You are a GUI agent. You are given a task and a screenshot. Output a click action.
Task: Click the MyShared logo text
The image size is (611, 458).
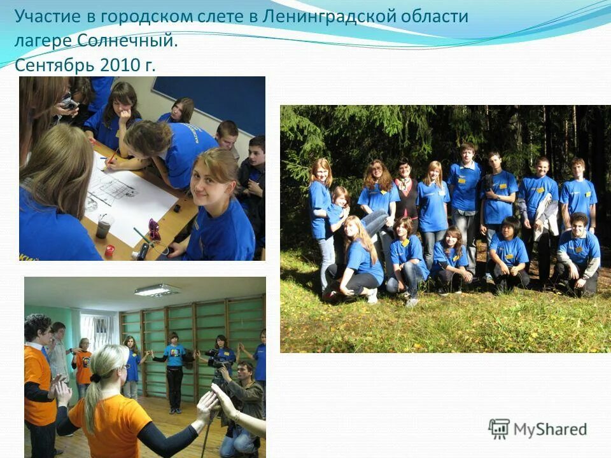click(x=550, y=429)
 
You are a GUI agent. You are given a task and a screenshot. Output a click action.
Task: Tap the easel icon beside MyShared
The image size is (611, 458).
click(x=499, y=429)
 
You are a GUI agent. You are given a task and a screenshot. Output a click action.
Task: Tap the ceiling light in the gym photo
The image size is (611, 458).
click(x=156, y=290)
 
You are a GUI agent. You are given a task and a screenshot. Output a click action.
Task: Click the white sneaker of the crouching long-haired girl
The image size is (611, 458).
click(x=372, y=296)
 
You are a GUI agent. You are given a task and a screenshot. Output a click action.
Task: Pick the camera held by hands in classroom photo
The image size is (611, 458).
click(x=68, y=102)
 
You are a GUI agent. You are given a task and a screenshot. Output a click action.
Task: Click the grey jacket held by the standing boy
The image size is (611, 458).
click(x=542, y=226)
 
